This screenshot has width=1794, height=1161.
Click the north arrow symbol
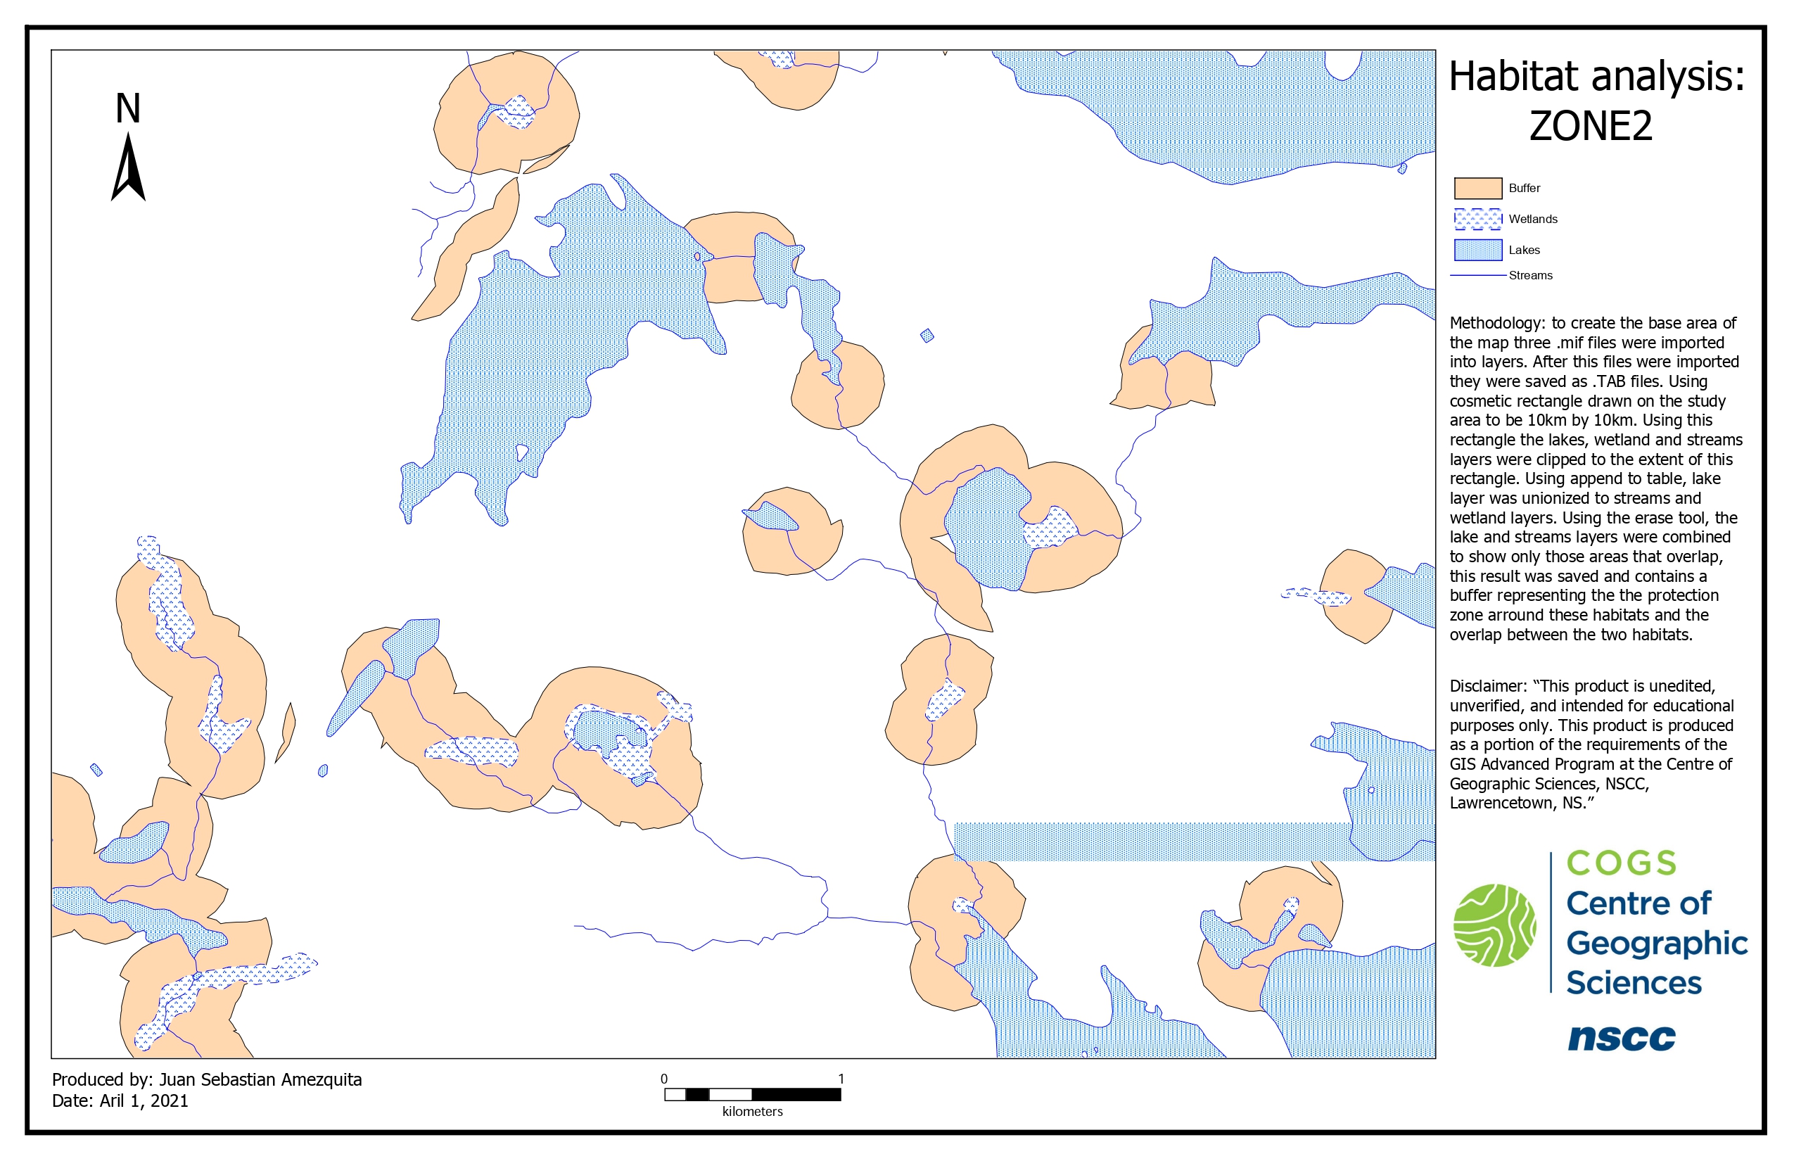[128, 169]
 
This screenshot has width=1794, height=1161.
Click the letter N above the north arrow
[128, 108]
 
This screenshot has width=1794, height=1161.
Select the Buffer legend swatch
[1477, 188]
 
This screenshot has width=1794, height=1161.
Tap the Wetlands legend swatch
[1477, 219]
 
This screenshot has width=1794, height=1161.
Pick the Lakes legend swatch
[1477, 250]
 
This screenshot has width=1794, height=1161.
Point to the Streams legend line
[1477, 275]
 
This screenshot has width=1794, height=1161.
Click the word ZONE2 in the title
[1591, 126]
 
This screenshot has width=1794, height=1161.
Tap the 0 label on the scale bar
[664, 1079]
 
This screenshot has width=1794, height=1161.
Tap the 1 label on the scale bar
[841, 1079]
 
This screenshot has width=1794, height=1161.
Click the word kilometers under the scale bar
[752, 1111]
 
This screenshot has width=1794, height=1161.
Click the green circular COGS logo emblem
[1495, 925]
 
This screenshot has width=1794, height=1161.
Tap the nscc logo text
[1622, 1037]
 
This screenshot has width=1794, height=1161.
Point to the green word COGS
[1622, 863]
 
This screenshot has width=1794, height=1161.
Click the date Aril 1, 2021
[144, 1100]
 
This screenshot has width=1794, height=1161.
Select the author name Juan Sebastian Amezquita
[261, 1079]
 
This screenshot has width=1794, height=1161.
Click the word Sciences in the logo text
[1634, 983]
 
